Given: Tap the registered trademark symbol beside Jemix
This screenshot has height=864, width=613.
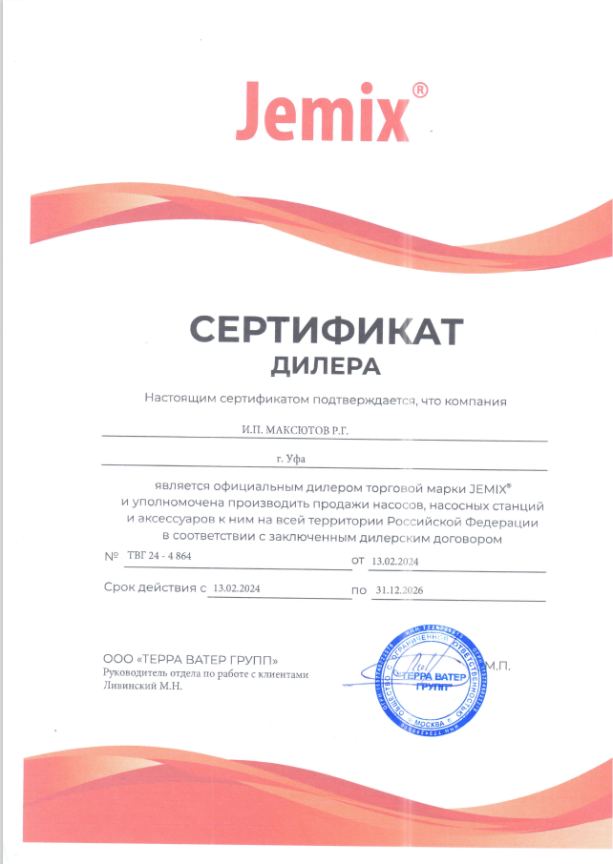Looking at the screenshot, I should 418,91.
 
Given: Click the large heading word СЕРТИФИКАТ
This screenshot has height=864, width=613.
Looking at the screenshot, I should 326,330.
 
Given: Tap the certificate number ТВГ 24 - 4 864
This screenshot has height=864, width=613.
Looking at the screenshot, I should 159,555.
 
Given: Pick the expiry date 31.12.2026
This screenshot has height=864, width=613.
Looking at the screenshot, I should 399,591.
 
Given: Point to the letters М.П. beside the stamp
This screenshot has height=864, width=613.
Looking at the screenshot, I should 497,666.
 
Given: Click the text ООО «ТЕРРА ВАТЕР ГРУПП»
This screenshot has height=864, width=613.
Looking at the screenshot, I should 190,660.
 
